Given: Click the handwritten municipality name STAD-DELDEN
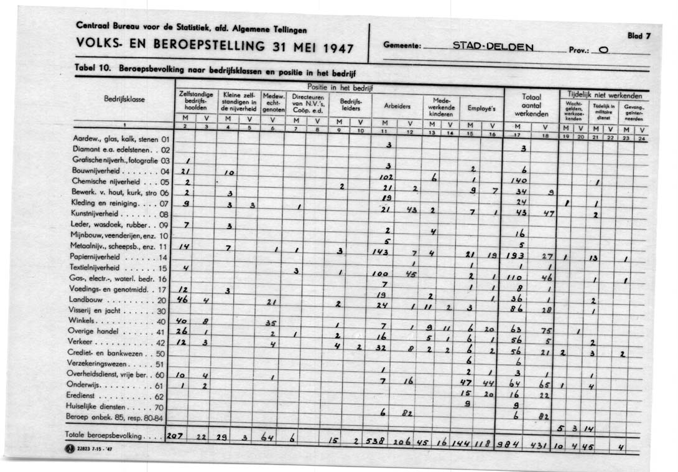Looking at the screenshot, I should coord(492,46).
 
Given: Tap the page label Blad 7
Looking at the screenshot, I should coord(639,36).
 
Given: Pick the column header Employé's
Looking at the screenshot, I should coord(481,108).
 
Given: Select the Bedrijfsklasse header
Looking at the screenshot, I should coord(125,99).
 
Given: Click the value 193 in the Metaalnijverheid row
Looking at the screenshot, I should coord(513,257).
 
